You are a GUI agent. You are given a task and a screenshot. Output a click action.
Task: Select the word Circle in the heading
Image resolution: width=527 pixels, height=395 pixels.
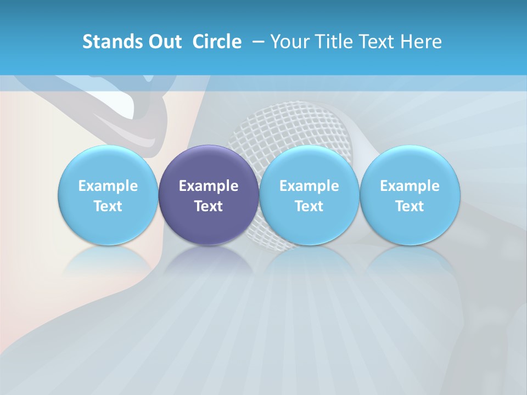pyautogui.click(x=217, y=42)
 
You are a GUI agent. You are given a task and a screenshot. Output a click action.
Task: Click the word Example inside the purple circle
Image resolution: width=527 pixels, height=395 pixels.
pyautogui.click(x=209, y=186)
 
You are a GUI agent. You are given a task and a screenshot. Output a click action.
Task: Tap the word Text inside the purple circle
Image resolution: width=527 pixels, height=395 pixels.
pyautogui.click(x=209, y=206)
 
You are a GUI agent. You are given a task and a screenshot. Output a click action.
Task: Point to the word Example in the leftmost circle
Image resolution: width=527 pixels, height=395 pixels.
pyautogui.click(x=108, y=186)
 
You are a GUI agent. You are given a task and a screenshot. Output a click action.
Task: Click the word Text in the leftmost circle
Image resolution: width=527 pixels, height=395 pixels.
pyautogui.click(x=108, y=206)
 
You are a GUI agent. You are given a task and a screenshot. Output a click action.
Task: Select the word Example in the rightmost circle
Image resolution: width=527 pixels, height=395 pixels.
pyautogui.click(x=410, y=186)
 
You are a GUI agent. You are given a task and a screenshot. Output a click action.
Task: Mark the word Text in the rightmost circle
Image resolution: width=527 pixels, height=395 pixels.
pyautogui.click(x=410, y=206)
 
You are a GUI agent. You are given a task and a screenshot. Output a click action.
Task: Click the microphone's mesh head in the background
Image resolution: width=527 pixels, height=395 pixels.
pyautogui.click(x=285, y=126)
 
